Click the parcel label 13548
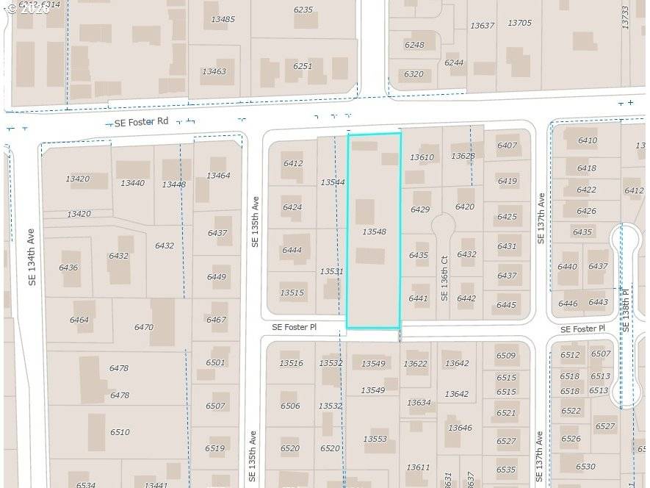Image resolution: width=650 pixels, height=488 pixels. click(374, 232)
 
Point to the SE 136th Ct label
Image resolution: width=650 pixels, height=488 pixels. click(444, 278)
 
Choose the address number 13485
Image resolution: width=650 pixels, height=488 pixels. click(223, 19)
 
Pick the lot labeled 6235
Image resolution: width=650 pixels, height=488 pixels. click(303, 10)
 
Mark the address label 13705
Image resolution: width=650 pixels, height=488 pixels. click(519, 24)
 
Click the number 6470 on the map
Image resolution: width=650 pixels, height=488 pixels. click(144, 327)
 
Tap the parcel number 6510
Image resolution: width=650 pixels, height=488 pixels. click(120, 432)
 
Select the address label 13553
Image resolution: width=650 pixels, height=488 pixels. click(375, 439)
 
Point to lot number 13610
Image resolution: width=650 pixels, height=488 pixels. click(422, 157)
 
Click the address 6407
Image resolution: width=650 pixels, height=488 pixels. click(507, 146)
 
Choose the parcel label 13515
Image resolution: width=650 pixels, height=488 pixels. click(292, 293)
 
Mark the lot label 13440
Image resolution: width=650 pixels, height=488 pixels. click(132, 183)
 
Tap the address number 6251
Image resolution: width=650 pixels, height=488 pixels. click(303, 66)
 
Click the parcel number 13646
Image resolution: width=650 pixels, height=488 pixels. click(460, 428)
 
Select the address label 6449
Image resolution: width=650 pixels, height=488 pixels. click(217, 277)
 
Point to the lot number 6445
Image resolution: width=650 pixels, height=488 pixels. click(506, 305)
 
